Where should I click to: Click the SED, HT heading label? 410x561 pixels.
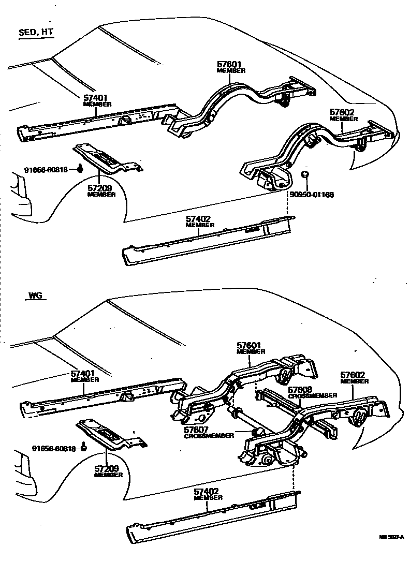36,32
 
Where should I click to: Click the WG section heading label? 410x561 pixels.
35,297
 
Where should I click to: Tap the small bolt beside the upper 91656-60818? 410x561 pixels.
81,168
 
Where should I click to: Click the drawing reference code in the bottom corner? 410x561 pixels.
391,538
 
